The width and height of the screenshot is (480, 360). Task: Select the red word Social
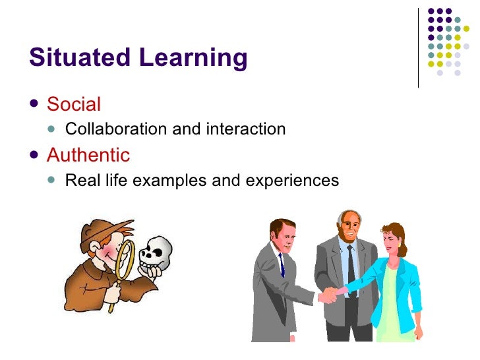tap(74, 104)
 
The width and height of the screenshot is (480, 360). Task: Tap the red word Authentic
tap(88, 155)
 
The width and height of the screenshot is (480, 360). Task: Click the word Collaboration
tap(117, 129)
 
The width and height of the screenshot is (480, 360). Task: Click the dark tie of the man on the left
tap(281, 264)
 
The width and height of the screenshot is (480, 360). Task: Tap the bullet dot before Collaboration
tap(54, 129)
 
